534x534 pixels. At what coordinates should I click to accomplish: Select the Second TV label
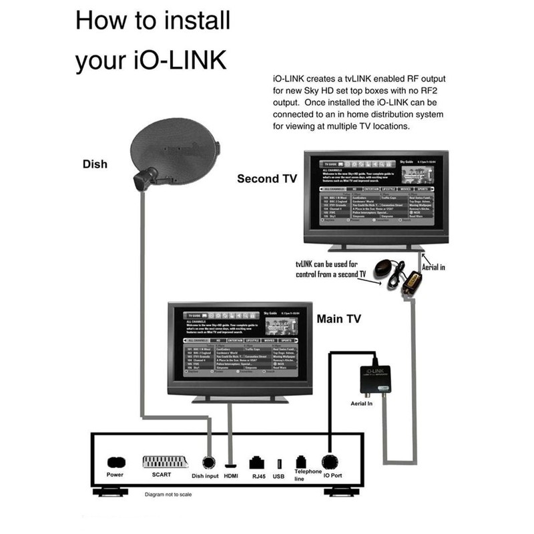(266, 179)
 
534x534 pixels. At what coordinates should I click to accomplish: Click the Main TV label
(339, 318)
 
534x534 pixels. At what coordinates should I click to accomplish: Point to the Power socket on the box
(115, 461)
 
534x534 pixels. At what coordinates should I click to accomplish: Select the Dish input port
(208, 462)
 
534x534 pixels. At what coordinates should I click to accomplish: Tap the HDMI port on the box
(231, 462)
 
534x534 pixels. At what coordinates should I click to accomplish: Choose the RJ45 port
(256, 462)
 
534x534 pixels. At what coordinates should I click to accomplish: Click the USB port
(279, 462)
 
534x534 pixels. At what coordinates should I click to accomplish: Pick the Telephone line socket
(300, 462)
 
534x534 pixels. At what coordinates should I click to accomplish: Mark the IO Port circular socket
(328, 461)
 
